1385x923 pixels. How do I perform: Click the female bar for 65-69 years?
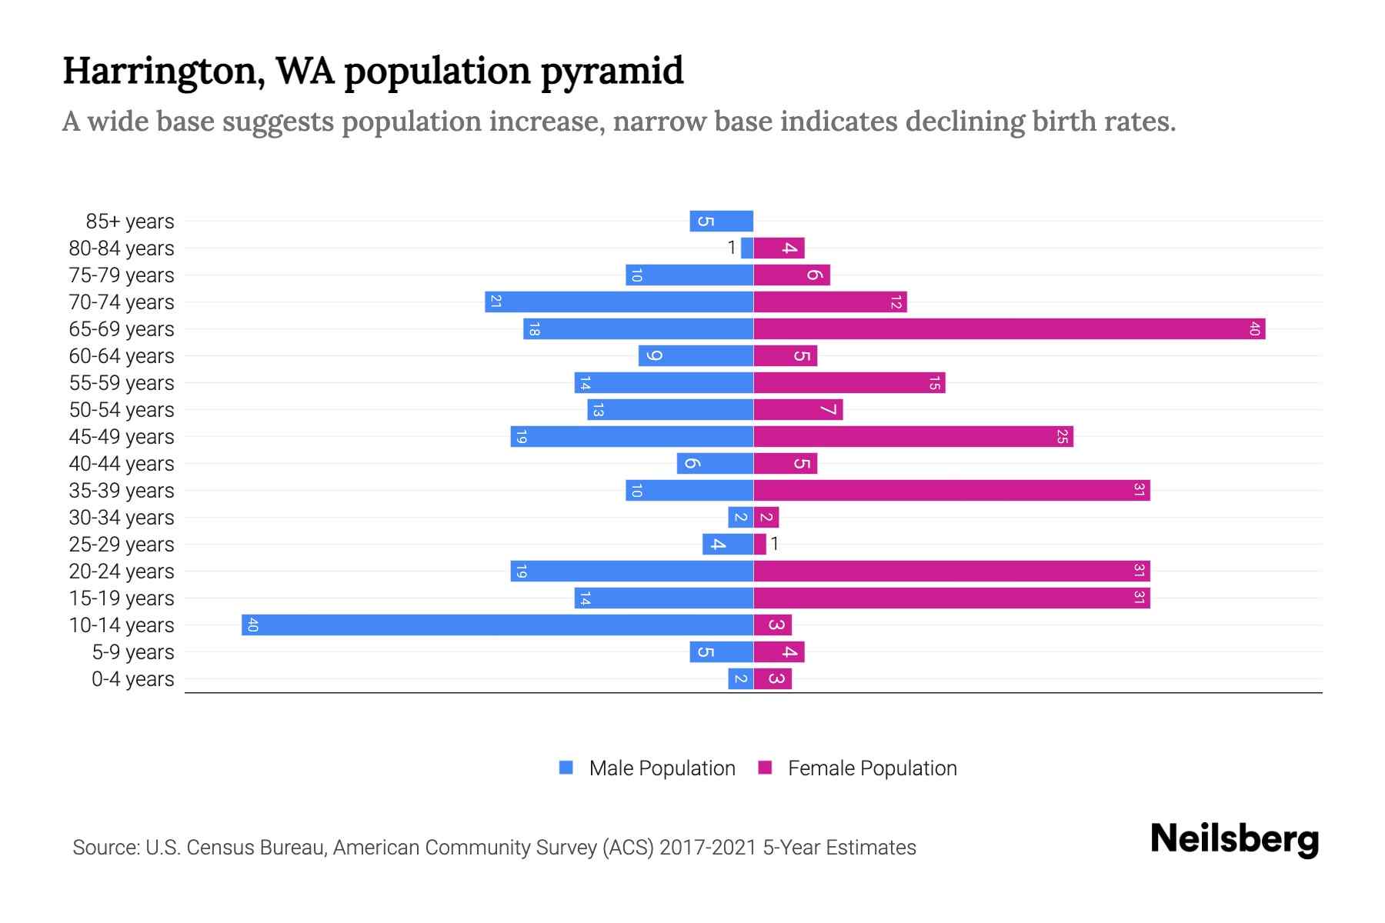point(1008,328)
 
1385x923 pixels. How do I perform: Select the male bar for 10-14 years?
point(497,625)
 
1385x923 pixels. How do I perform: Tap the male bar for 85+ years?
point(721,221)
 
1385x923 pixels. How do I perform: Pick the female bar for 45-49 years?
point(913,436)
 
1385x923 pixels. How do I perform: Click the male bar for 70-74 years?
point(619,302)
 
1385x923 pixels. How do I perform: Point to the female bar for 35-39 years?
point(951,490)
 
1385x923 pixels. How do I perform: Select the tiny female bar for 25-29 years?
point(760,544)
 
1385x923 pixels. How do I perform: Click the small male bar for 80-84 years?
point(747,248)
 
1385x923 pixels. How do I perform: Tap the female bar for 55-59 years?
point(849,382)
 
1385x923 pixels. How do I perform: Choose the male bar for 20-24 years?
point(632,571)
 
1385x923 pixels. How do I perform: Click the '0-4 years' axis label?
point(132,679)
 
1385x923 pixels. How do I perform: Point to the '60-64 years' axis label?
point(122,356)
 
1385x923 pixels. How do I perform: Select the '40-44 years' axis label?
point(122,464)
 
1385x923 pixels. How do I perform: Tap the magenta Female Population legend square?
point(765,768)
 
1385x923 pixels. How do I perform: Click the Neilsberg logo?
point(1234,839)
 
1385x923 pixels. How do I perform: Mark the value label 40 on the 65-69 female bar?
point(1254,328)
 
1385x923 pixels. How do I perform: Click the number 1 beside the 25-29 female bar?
point(775,544)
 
